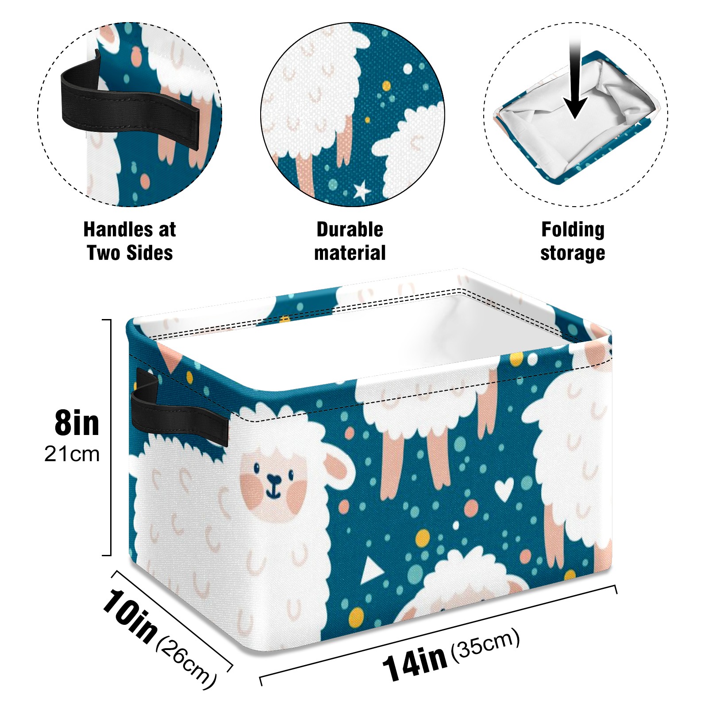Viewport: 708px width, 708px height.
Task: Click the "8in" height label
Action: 77,423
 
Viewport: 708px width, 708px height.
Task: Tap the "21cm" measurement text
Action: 72,454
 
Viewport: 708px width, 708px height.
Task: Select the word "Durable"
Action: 350,229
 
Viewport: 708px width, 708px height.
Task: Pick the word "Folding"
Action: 573,230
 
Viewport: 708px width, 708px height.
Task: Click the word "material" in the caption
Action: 350,253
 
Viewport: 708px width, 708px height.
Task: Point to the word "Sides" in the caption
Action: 150,253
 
